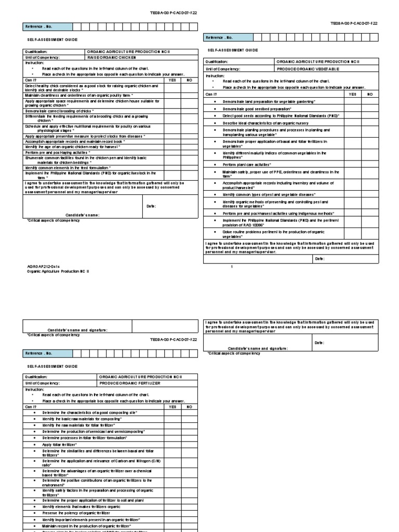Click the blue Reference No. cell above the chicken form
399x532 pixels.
(x=46, y=26)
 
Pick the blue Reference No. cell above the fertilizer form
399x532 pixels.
(x=46, y=353)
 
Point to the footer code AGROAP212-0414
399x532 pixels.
(x=41, y=265)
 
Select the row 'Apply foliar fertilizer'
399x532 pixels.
(x=60, y=445)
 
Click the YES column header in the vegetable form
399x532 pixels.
(x=352, y=94)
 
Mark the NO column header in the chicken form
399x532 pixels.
(x=189, y=80)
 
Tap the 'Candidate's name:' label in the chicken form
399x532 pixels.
(x=82, y=215)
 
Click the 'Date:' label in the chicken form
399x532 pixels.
(x=151, y=206)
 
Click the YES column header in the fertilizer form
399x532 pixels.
(x=173, y=406)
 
